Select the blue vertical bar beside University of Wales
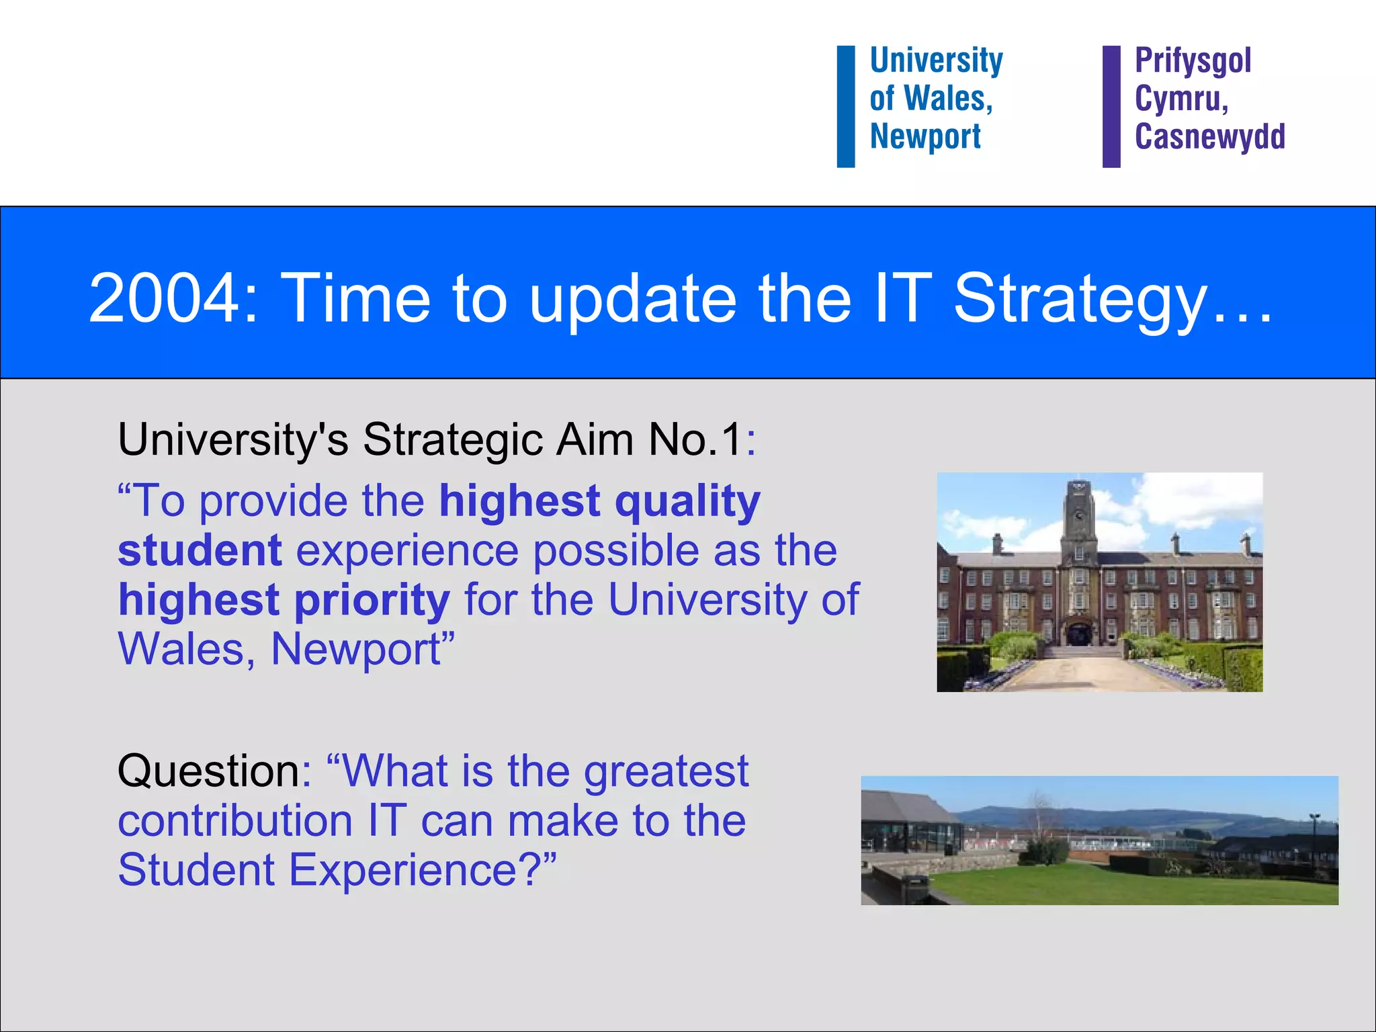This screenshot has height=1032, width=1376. coord(845,106)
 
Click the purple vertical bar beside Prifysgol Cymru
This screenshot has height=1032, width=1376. coord(1111,106)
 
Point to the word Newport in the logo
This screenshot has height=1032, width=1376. coord(925,137)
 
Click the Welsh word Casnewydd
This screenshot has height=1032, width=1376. coord(1209,136)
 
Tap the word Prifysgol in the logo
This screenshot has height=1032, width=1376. coord(1193,60)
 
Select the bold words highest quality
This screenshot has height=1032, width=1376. coord(599,501)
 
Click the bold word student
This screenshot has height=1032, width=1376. coord(200,551)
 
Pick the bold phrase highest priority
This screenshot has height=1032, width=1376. coord(284,600)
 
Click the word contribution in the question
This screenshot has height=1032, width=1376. coord(235,821)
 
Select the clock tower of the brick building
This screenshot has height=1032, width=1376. coord(1079,517)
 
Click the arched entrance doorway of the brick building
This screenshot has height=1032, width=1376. coord(1079,634)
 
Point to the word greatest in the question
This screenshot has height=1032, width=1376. coord(665,771)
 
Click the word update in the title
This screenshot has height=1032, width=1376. coord(632,298)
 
